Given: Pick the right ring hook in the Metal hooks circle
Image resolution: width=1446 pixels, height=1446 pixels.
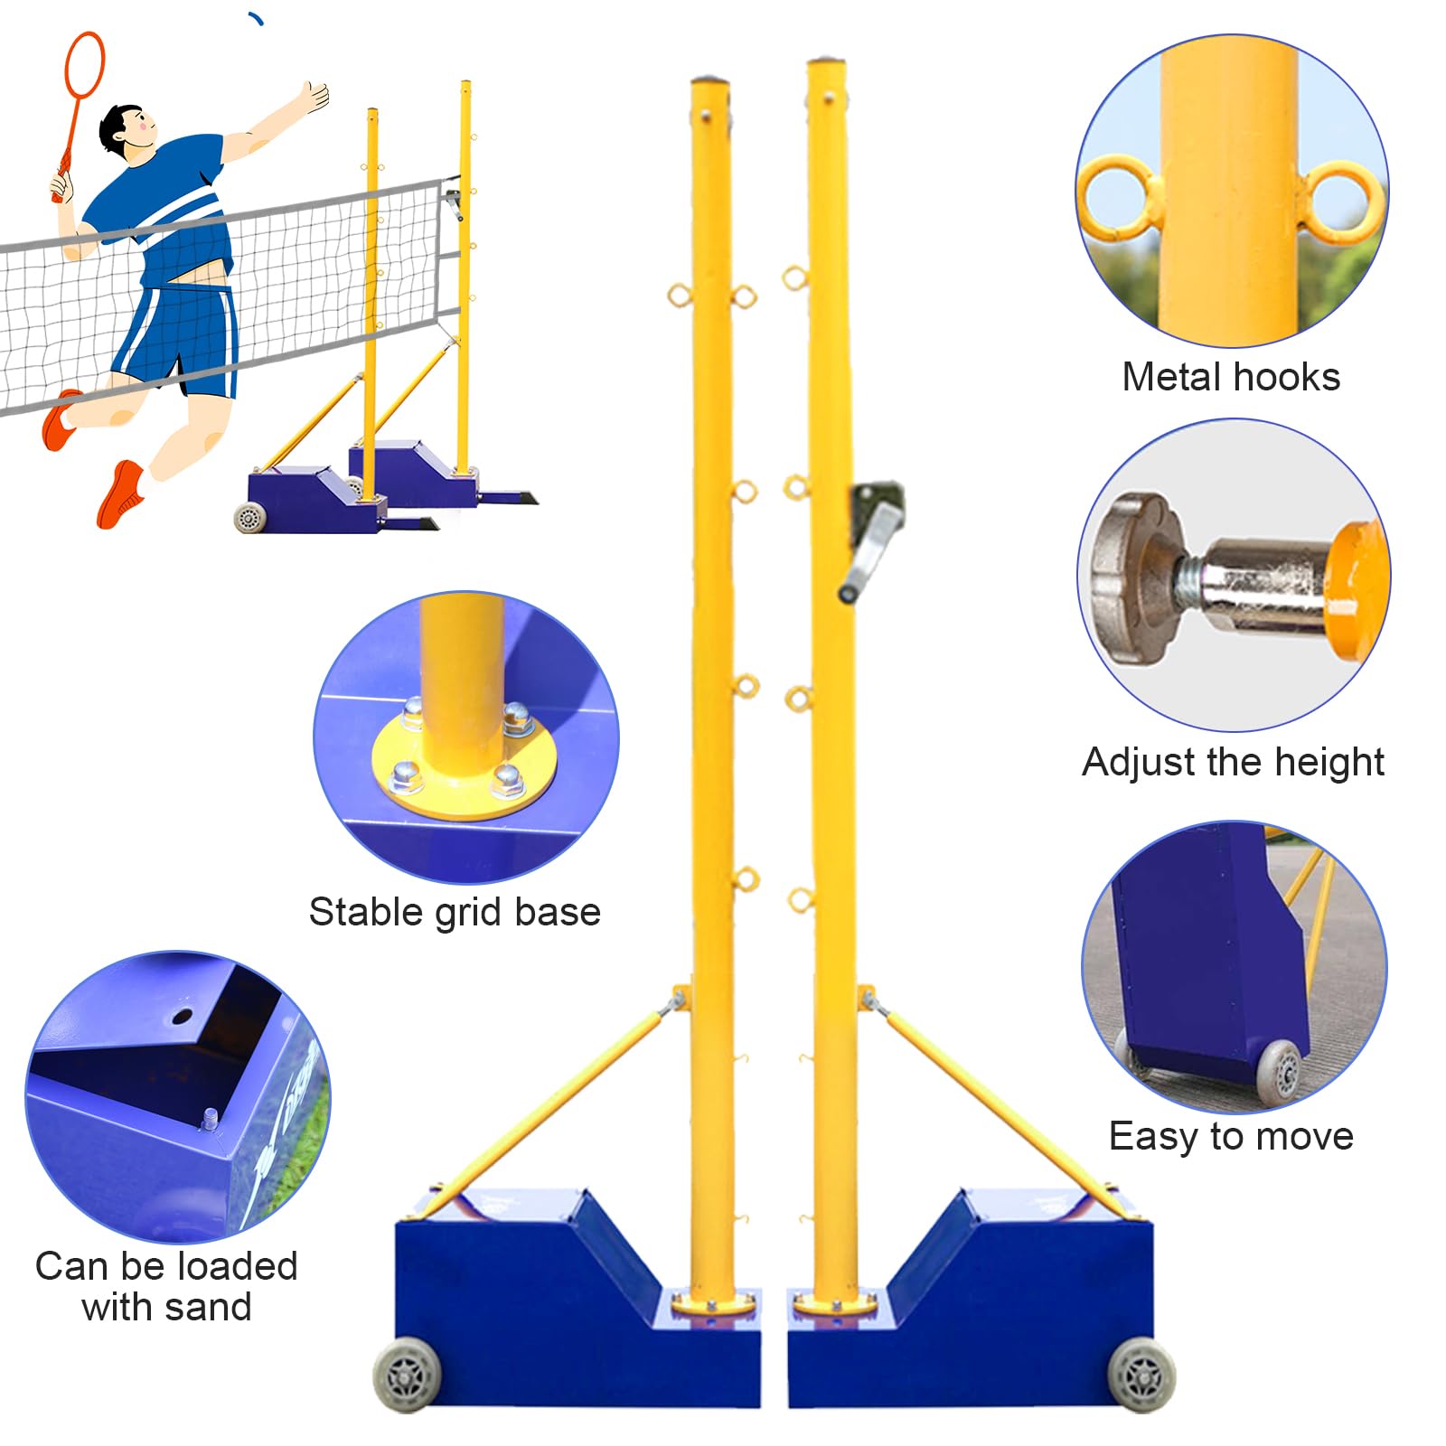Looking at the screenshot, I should click(x=1345, y=203).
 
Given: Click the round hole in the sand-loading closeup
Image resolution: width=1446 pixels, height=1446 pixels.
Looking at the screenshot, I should click(x=182, y=1017).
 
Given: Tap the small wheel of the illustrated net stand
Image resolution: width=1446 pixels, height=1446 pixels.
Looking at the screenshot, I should click(x=247, y=518).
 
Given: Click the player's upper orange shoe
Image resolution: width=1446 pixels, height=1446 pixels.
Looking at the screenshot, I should click(x=61, y=419).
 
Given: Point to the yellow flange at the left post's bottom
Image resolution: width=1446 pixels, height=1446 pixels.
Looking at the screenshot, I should click(x=714, y=1304).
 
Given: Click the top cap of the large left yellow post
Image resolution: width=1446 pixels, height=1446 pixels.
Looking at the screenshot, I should click(x=709, y=83).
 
